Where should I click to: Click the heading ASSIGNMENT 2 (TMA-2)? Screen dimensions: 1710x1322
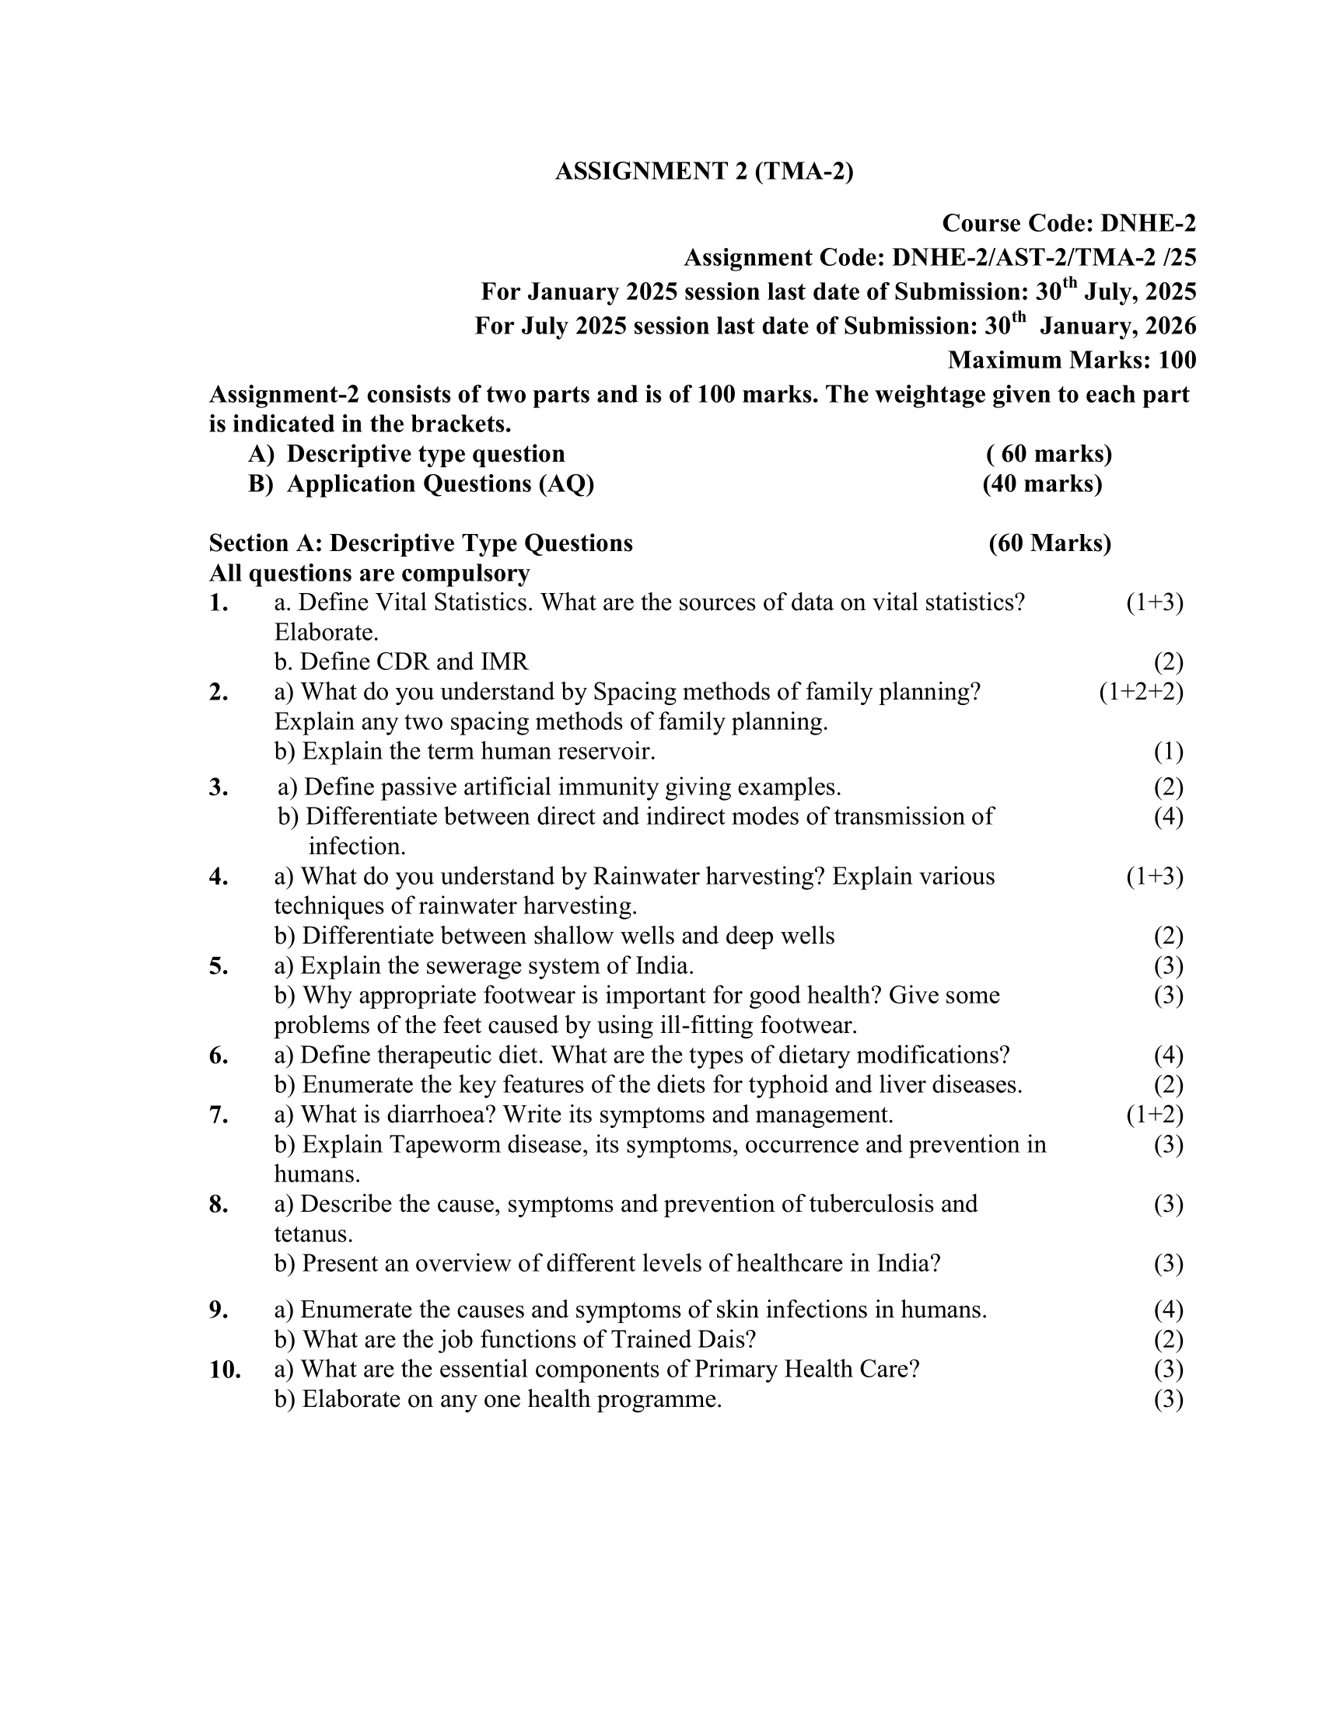[x=704, y=172]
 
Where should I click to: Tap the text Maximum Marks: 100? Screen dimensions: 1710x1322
[x=1072, y=360]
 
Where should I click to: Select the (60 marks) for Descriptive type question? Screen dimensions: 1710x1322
[x=1050, y=454]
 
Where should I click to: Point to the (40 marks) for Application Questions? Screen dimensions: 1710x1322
[x=1042, y=484]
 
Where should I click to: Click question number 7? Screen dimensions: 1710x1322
[x=219, y=1115]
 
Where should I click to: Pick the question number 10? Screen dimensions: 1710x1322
[x=225, y=1370]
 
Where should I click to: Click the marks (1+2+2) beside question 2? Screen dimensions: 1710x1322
[x=1141, y=692]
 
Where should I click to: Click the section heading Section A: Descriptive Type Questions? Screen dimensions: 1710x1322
[x=421, y=543]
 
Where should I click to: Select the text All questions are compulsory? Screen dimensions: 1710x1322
[x=369, y=573]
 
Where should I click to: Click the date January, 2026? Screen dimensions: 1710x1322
[x=1117, y=326]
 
